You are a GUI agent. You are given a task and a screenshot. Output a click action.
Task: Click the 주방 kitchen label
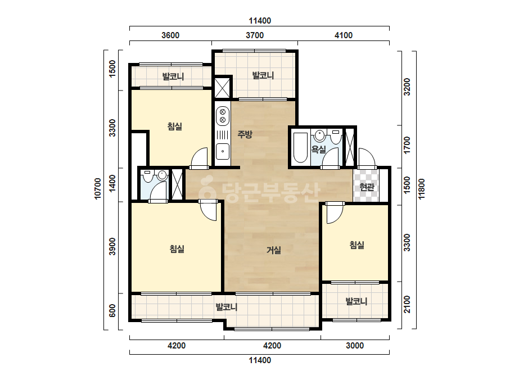245,134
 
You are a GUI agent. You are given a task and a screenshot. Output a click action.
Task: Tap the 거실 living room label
274,250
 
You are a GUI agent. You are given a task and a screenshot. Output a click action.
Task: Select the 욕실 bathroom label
318,150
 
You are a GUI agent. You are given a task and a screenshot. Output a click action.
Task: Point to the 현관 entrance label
367,187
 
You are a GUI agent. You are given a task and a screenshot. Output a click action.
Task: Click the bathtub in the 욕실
300,148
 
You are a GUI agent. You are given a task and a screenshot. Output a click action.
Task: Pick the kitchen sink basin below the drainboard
223,151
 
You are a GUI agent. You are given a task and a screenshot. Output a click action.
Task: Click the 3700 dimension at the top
255,35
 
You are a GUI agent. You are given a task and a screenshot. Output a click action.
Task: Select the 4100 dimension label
344,35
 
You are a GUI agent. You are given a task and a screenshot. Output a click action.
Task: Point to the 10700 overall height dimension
98,189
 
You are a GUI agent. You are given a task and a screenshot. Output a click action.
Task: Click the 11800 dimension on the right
421,189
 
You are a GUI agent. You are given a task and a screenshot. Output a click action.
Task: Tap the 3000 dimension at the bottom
355,346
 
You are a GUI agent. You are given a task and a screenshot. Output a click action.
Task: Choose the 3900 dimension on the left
112,247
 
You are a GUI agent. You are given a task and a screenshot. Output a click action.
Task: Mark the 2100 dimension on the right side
407,305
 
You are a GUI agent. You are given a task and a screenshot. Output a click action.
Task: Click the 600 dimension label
112,310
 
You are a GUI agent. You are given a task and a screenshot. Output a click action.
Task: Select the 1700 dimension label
407,145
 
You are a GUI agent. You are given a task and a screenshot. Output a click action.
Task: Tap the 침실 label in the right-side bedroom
357,245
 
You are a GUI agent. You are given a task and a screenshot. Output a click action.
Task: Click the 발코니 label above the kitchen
263,75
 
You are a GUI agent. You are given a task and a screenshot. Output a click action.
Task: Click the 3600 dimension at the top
170,35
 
